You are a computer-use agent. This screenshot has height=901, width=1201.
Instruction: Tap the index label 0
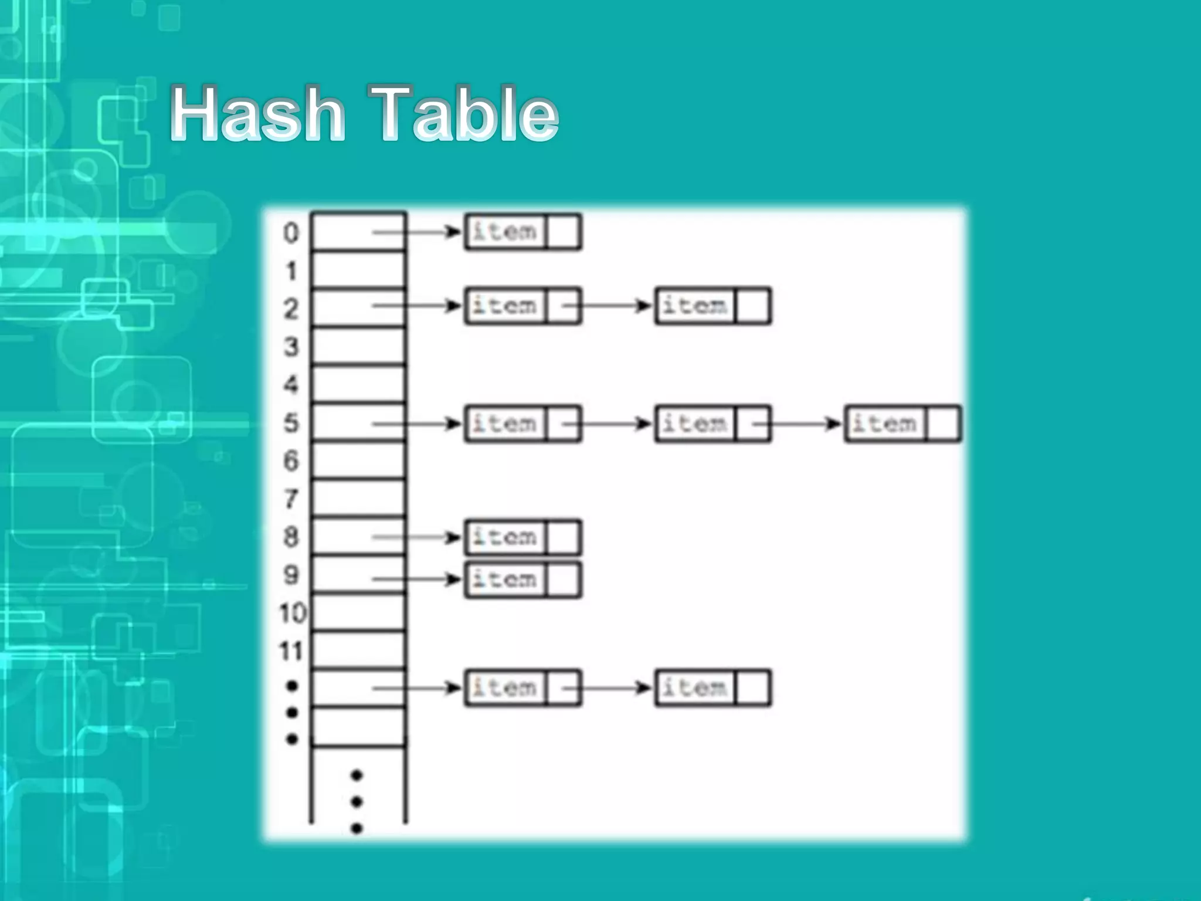point(291,233)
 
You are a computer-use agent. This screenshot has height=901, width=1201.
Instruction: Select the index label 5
point(291,423)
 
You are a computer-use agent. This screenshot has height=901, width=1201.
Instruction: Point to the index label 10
point(293,613)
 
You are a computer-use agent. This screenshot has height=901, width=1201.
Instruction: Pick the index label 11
point(291,651)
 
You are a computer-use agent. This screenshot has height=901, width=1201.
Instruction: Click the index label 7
point(291,499)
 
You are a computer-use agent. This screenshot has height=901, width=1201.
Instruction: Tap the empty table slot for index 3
point(358,347)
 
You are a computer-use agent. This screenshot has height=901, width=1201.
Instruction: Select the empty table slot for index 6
point(358,460)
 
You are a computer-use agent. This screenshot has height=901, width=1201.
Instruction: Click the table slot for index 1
point(358,270)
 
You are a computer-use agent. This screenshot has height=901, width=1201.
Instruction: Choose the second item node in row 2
point(696,306)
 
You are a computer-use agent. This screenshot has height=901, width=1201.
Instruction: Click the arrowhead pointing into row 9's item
point(453,580)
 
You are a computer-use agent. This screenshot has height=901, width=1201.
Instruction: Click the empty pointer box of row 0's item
point(564,232)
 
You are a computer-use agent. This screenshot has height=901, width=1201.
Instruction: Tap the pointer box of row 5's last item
point(944,423)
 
